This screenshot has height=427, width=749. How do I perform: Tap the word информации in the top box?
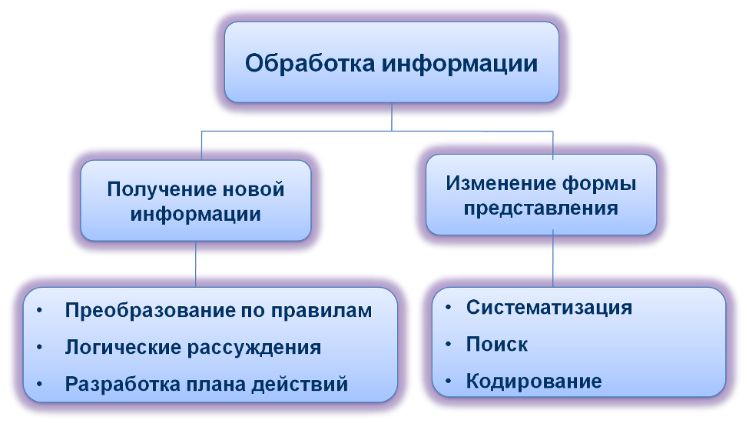coord(460,62)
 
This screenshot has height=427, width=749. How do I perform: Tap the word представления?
coord(542,208)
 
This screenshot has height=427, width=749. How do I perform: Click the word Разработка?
coord(116,383)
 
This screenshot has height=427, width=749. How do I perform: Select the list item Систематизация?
coord(549,308)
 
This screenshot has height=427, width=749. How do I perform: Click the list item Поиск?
coord(497,344)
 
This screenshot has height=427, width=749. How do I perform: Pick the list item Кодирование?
coord(534,381)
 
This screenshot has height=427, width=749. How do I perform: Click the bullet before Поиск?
coord(447,344)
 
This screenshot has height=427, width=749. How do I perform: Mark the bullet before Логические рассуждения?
coord(40,347)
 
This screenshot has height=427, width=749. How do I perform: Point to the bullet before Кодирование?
coord(447,381)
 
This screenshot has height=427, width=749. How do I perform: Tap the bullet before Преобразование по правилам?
coord(40,311)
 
